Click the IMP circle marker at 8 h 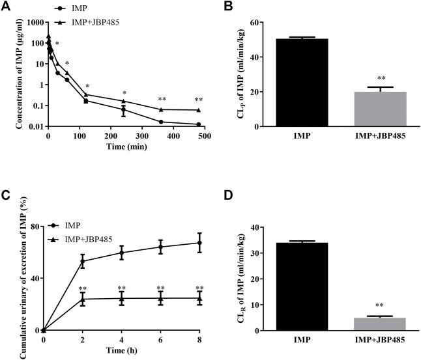pyautogui.click(x=200, y=243)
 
